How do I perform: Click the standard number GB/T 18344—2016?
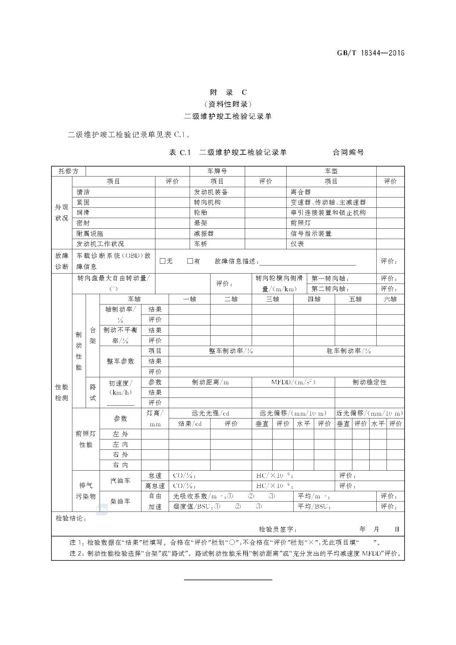[370, 53]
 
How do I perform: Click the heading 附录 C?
[228, 92]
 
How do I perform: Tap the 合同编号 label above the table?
[348, 152]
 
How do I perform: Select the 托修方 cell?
[68, 171]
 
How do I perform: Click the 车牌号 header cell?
[217, 171]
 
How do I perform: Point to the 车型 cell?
[331, 171]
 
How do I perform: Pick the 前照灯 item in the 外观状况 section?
[301, 223]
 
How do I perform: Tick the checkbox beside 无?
[163, 261]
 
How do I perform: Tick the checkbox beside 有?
[190, 261]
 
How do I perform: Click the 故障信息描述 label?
[237, 261]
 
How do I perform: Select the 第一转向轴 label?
[330, 279]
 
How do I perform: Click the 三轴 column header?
[272, 299]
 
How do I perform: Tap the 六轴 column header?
[390, 299]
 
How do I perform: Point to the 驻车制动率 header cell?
[348, 351]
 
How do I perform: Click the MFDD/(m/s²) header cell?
[293, 382]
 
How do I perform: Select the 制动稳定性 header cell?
[369, 382]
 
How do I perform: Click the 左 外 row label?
[120, 434]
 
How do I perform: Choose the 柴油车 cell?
[120, 501]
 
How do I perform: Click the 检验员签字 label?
[277, 530]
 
